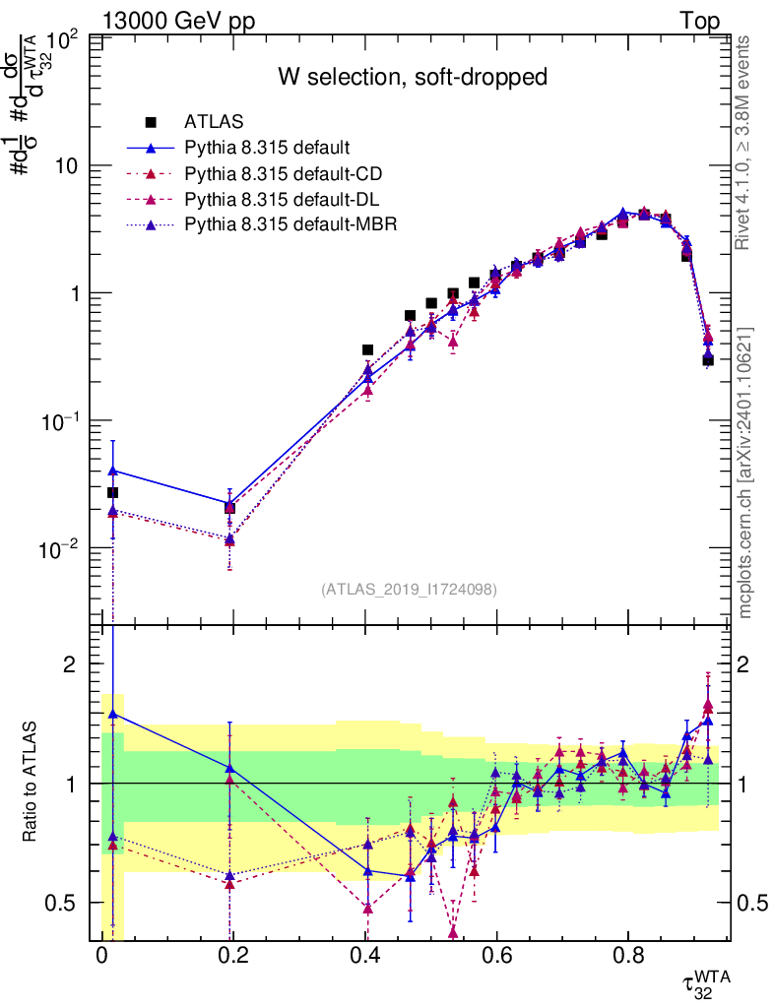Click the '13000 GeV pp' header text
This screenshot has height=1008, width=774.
pos(178,21)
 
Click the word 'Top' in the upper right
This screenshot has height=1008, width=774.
pos(699,21)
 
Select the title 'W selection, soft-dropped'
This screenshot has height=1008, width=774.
pos(412,77)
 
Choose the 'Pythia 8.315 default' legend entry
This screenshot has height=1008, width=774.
pos(266,149)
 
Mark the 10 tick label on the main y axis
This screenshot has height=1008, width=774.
pos(67,166)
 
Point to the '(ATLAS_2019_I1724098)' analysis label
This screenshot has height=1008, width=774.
pos(409,590)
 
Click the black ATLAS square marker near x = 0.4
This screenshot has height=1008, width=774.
pos(368,349)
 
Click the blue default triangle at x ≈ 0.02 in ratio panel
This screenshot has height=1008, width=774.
pos(113,714)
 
